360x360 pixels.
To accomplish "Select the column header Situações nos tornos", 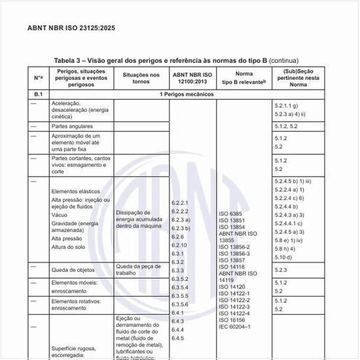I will [x=141, y=79].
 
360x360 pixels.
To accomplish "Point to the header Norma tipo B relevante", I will [x=244, y=79].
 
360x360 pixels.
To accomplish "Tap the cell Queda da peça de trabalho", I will [x=137, y=270].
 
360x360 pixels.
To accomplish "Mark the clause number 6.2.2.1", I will [x=180, y=203].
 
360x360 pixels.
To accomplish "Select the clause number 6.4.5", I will [x=177, y=338].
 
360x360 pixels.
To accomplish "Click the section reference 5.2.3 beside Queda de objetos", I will [x=281, y=270].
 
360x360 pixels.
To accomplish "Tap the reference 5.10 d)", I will [x=283, y=257].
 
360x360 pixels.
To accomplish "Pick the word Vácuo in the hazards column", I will [x=60, y=215].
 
